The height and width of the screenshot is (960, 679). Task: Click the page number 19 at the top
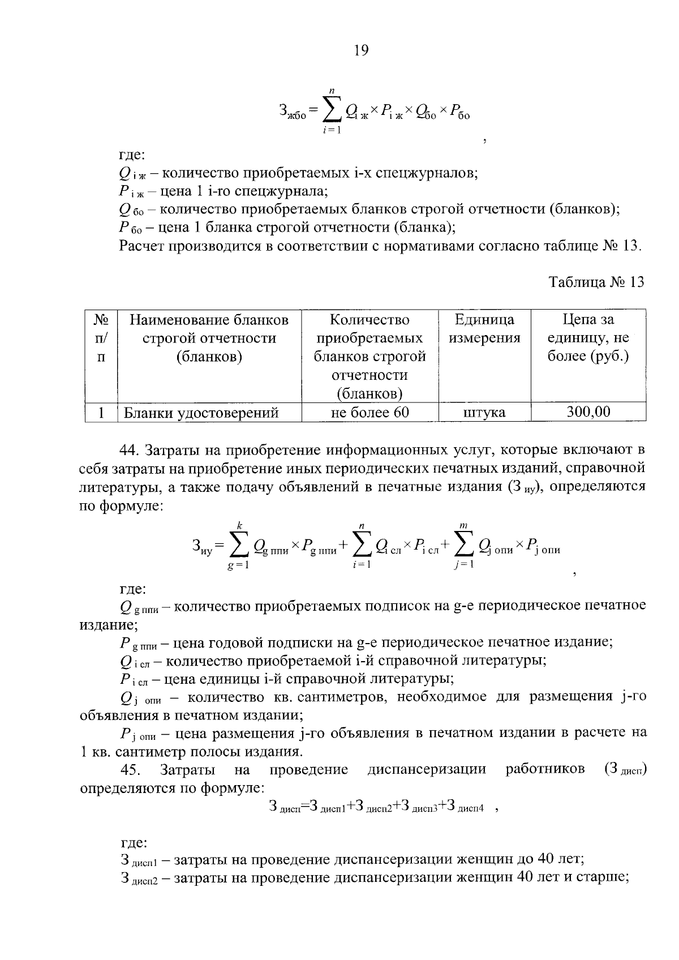tap(361, 51)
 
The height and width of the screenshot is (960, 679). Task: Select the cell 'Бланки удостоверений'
tap(201, 413)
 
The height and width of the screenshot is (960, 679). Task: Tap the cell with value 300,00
tap(588, 412)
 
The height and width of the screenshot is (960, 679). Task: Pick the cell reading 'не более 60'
tap(369, 413)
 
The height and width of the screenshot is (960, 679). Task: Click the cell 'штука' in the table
tap(484, 413)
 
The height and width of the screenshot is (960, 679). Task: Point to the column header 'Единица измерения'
tap(484, 329)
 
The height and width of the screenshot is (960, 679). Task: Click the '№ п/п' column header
tap(101, 338)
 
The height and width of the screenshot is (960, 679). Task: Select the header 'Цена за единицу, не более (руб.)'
tap(588, 338)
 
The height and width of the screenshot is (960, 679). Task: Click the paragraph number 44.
tap(130, 450)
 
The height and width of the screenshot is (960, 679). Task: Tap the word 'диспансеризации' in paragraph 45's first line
tap(427, 770)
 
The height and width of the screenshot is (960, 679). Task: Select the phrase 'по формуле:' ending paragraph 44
tap(122, 505)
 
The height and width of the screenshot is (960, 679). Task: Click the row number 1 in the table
tap(101, 413)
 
